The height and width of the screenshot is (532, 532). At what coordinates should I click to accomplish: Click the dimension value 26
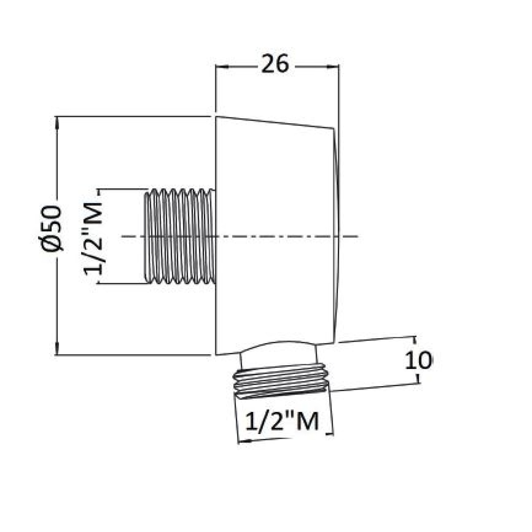(275, 64)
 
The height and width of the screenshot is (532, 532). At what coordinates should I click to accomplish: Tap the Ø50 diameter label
(51, 229)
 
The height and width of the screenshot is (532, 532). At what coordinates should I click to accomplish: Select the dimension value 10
(419, 360)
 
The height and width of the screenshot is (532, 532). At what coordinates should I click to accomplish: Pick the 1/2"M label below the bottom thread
(282, 421)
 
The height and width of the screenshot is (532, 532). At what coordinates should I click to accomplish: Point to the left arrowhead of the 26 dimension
(221, 66)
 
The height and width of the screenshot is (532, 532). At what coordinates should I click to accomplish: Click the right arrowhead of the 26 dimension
(332, 66)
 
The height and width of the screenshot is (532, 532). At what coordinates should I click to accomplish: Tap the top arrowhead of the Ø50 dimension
(57, 123)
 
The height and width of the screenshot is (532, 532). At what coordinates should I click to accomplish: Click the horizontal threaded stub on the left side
(180, 236)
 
